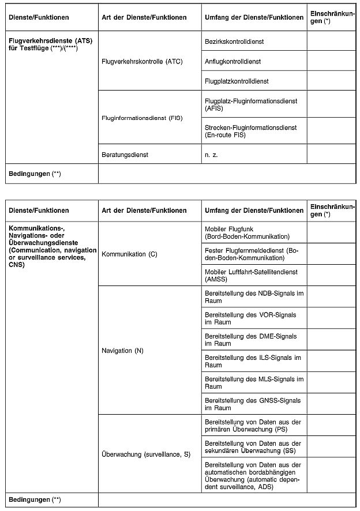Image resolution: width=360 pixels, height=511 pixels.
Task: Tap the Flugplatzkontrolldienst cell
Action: [237, 81]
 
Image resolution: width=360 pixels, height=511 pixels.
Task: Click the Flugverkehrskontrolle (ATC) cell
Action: [141, 61]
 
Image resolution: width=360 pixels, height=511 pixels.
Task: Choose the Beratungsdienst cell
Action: [125, 155]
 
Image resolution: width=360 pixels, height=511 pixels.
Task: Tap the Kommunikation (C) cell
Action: [129, 254]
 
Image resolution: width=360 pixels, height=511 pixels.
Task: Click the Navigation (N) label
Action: [122, 351]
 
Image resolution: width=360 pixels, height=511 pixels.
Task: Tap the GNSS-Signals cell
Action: [254, 404]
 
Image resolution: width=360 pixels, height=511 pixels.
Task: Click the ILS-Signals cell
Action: [254, 361]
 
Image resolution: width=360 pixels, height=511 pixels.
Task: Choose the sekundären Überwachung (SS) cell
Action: [254, 446]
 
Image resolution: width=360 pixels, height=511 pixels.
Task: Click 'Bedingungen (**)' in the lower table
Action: [35, 499]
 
